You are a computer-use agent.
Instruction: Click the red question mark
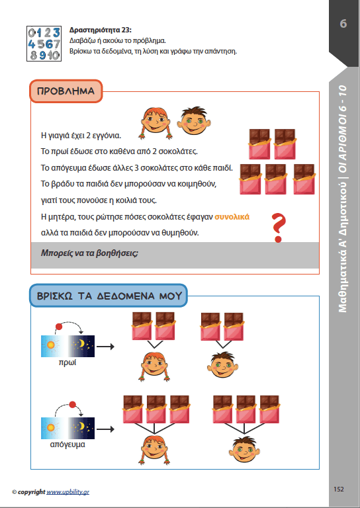tap(279, 228)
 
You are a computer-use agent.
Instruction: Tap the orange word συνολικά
tap(232, 217)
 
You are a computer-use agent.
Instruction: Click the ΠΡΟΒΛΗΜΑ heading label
tap(66, 91)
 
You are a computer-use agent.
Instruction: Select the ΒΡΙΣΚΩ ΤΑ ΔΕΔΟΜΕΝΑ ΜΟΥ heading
tap(109, 296)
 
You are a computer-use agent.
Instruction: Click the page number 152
tap(339, 489)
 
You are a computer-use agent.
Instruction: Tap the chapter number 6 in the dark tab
tap(343, 24)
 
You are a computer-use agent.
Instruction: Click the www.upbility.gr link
tap(67, 492)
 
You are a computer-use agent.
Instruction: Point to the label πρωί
tap(67, 362)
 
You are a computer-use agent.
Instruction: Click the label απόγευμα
tap(67, 444)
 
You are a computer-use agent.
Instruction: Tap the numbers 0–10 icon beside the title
tap(44, 44)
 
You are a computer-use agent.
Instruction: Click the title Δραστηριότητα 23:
tap(101, 30)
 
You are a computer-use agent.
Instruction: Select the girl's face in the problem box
tap(156, 122)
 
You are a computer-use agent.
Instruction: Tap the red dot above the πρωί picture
tap(59, 326)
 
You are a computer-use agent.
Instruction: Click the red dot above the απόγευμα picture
tap(73, 405)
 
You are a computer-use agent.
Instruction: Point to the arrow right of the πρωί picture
tap(106, 347)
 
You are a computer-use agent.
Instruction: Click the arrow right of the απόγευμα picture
tap(106, 429)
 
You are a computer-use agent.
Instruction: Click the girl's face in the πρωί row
tap(155, 366)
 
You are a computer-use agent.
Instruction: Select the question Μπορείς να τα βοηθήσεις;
tap(89, 253)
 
